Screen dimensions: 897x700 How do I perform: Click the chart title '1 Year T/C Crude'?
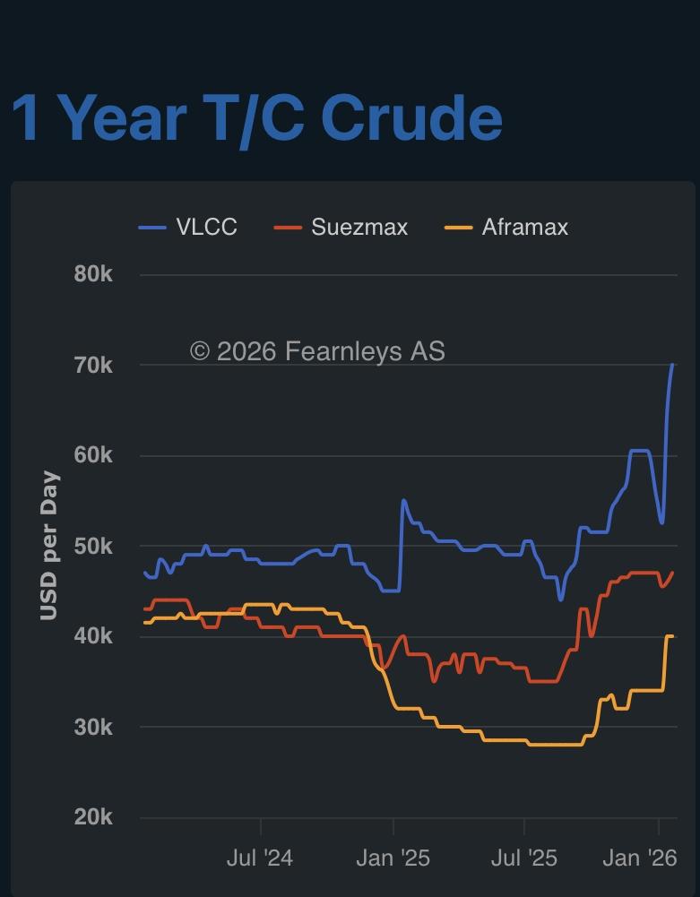coord(256,118)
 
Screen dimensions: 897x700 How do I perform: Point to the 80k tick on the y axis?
coord(93,274)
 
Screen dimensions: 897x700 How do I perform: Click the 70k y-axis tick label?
coord(93,366)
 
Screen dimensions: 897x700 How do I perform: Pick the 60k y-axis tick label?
coord(93,455)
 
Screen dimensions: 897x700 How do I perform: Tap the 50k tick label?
coord(93,547)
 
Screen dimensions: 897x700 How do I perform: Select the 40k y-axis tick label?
coord(93,636)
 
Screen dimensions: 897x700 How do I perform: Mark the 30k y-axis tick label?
coord(93,727)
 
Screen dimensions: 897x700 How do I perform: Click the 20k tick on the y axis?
coord(93,817)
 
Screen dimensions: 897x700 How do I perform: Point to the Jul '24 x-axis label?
coord(260,858)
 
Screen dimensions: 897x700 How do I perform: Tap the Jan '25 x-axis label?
coord(393,858)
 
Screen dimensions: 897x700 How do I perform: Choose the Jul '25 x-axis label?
coord(524,858)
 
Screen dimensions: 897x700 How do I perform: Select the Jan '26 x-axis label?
coord(640,858)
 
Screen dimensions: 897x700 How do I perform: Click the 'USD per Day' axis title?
coord(49,546)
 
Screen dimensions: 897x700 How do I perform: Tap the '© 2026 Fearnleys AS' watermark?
coord(317,351)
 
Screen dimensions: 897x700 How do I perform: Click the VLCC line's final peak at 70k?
coord(672,366)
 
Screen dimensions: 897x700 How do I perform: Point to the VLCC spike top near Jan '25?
coord(403,500)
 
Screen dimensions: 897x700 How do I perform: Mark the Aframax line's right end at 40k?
coord(671,636)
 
